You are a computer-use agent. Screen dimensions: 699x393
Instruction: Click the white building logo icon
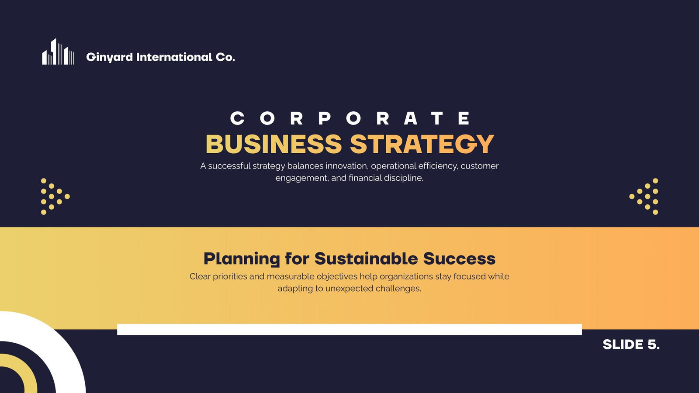(58, 52)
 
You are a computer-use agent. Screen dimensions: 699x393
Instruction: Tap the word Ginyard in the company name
(110, 57)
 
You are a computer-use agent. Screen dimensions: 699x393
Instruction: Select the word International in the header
(174, 57)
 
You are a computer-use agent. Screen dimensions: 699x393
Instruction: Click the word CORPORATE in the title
(350, 118)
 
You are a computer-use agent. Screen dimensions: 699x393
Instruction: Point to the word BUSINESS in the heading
(274, 144)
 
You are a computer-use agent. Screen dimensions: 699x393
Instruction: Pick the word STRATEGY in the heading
(422, 144)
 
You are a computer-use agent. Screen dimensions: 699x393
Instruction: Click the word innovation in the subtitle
(347, 166)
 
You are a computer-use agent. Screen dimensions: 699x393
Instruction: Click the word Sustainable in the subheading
(366, 259)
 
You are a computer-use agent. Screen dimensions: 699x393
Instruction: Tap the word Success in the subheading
(459, 259)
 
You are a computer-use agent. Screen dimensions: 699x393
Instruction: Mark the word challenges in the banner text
(398, 289)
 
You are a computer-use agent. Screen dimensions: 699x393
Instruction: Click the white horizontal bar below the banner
(349, 329)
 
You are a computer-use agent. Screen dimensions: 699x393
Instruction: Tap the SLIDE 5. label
(631, 345)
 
